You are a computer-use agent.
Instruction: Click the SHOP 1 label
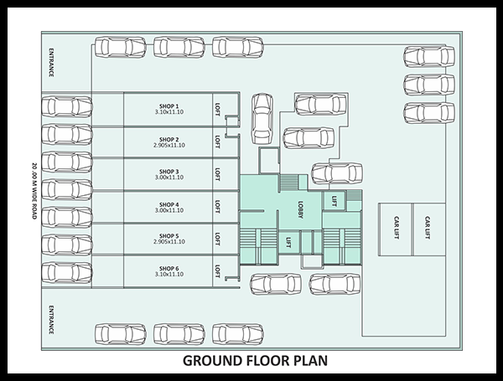[169, 106]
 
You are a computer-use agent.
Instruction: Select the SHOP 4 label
[169, 204]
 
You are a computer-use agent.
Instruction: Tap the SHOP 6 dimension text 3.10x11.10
[169, 275]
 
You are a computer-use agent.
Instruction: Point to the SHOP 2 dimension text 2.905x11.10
[169, 145]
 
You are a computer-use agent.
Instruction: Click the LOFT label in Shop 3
[217, 174]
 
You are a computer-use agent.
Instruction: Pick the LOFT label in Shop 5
[217, 239]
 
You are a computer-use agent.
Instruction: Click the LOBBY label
[300, 210]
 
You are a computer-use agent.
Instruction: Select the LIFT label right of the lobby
[334, 201]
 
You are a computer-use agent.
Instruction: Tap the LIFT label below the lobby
[288, 243]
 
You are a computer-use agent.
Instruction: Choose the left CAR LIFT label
[397, 228]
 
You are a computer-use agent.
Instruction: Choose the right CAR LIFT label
[428, 228]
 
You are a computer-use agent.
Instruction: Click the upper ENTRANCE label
[51, 63]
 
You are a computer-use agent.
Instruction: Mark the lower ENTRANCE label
[51, 320]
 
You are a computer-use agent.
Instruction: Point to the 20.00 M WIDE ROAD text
[34, 191]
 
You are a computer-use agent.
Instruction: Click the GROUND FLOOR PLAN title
[255, 361]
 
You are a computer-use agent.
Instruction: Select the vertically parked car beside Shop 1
[262, 119]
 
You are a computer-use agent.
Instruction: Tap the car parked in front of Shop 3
[67, 162]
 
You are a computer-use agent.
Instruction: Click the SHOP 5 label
[169, 236]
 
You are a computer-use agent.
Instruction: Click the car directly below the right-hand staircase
[334, 284]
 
